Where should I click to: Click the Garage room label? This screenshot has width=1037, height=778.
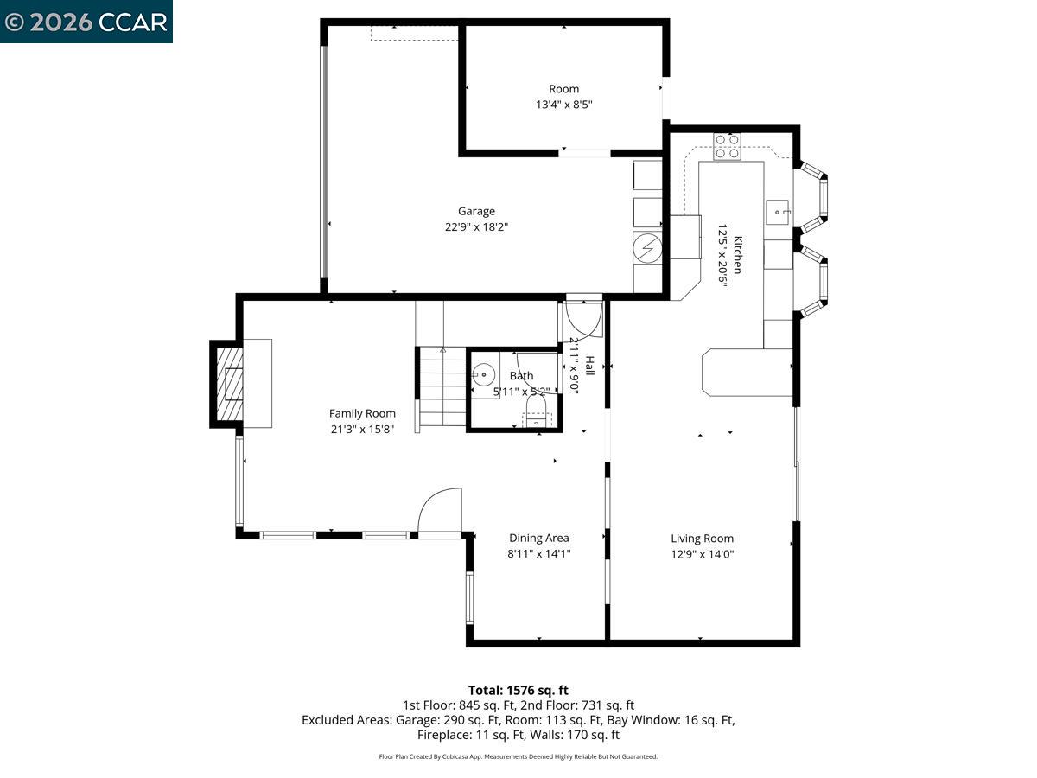coord(476,211)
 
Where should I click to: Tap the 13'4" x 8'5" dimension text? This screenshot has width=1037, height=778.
coord(563,105)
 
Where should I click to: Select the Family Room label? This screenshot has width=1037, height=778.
coord(362,413)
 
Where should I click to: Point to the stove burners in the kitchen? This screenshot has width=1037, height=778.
coord(727,146)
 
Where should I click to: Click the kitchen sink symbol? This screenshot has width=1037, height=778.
coord(779,211)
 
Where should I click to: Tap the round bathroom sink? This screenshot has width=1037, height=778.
coord(484,375)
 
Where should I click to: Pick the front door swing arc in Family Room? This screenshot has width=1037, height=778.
coord(440,511)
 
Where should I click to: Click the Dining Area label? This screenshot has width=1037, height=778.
coord(538,538)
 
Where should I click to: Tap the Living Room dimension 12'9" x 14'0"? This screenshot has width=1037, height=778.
coord(702,554)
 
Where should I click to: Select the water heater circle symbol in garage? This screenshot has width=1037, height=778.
coord(647,248)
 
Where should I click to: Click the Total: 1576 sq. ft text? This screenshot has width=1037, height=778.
coord(518,690)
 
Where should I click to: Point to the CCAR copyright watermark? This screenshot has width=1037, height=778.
coord(86,22)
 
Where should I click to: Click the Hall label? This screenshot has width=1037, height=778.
coord(589,366)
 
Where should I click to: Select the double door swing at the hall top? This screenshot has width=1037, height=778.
coord(583,318)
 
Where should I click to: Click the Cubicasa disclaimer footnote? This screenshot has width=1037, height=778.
coord(518,756)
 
